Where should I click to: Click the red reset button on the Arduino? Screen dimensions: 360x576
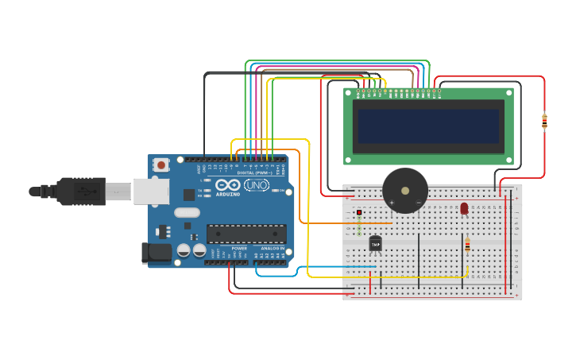click(161, 165)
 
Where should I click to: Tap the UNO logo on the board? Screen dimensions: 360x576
click(256, 185)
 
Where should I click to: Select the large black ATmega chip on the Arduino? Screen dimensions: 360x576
click(246, 234)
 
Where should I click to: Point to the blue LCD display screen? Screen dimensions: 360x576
click(428, 126)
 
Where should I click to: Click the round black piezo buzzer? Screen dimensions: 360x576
click(405, 191)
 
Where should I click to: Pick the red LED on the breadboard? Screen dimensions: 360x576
click(464, 208)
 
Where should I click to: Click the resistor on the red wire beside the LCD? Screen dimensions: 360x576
click(544, 122)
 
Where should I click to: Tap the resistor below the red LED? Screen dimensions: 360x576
click(467, 246)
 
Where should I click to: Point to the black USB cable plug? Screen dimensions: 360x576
click(79, 192)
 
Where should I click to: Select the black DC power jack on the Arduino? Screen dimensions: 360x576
click(157, 253)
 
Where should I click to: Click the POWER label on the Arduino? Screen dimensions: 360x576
click(239, 248)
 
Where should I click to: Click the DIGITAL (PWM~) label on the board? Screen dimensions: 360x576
click(254, 172)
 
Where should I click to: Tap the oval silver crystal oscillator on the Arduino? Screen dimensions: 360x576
click(187, 212)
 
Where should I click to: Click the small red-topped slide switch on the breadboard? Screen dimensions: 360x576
click(359, 213)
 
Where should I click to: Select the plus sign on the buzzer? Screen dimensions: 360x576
click(391, 203)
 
